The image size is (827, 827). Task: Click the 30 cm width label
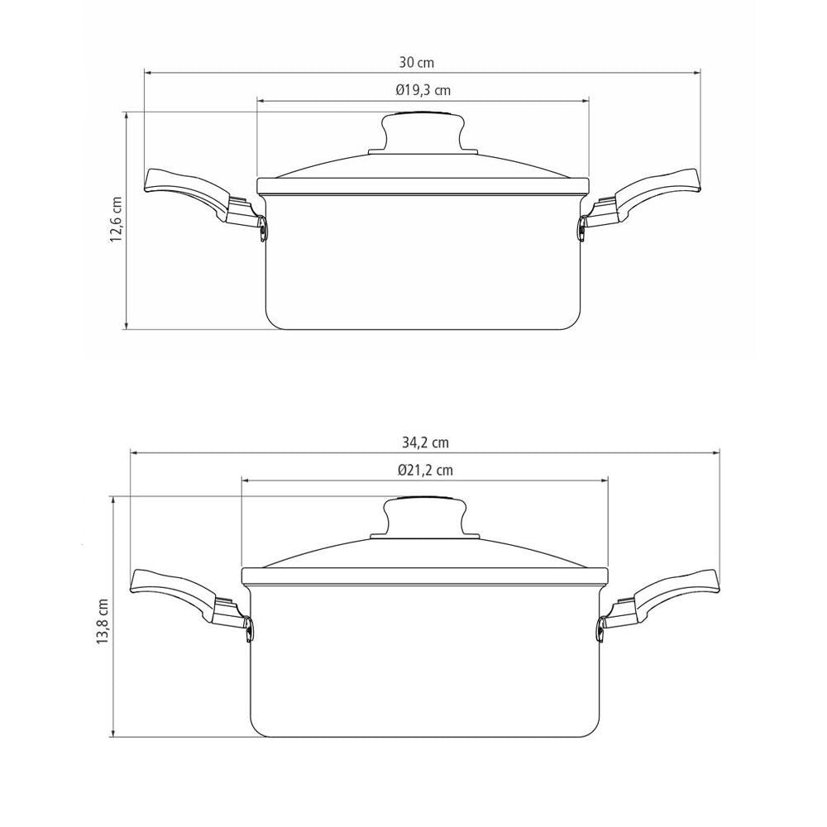click(x=416, y=63)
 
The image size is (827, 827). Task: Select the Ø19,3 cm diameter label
click(x=423, y=90)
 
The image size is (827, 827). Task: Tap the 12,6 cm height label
click(x=116, y=219)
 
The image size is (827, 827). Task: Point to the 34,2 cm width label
click(x=425, y=442)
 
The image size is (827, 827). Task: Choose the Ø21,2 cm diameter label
click(x=425, y=470)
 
